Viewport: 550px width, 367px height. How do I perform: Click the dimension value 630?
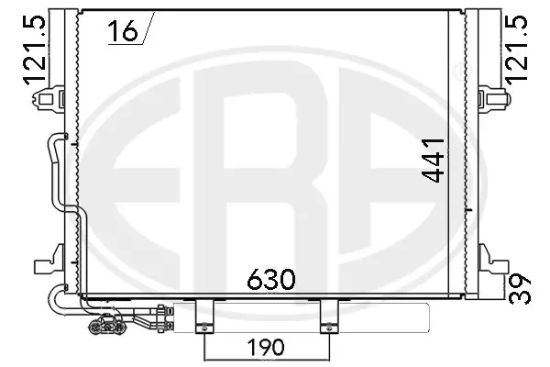[x=270, y=280]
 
